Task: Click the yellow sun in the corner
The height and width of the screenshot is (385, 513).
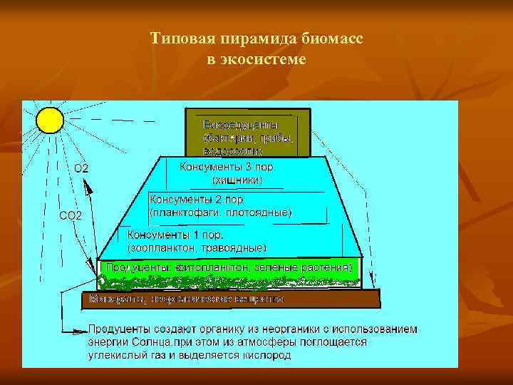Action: pyautogui.click(x=49, y=119)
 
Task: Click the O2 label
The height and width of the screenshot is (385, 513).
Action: pyautogui.click(x=81, y=168)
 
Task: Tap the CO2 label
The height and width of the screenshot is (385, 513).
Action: pyautogui.click(x=70, y=215)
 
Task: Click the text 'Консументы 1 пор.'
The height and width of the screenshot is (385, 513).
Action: pyautogui.click(x=175, y=235)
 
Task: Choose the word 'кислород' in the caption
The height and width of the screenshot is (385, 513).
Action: pyautogui.click(x=268, y=354)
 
